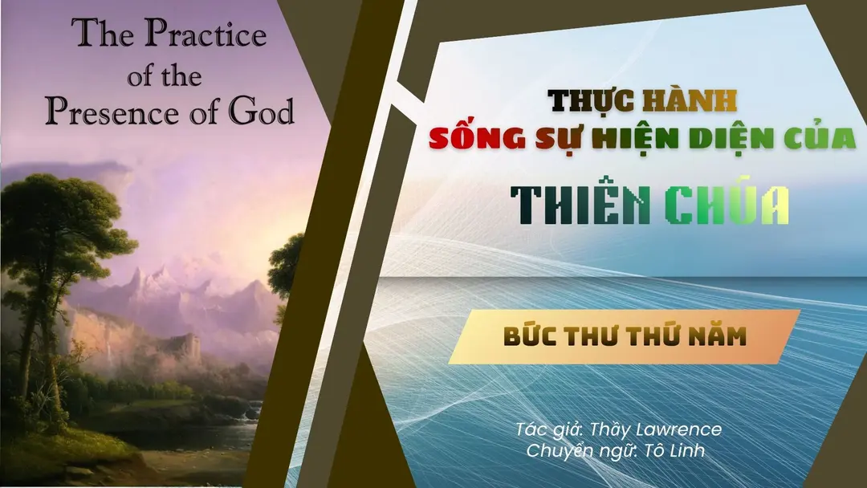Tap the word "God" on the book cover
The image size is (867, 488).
coord(261,111)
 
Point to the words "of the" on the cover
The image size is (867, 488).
coord(165,75)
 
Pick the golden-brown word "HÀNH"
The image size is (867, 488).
coord(690,100)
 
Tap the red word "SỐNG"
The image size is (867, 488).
coord(477,137)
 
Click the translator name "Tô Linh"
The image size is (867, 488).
coord(675,450)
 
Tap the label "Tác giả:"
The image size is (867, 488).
coord(550,429)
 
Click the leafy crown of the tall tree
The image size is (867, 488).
coord(61,221)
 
